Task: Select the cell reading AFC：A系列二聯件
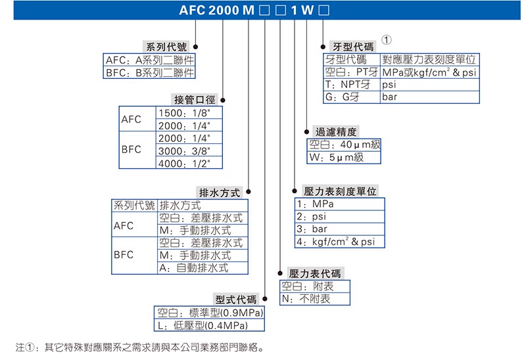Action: (150, 60)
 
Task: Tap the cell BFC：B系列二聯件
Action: (150, 73)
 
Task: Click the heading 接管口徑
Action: (194, 100)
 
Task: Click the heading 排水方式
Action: (220, 192)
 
